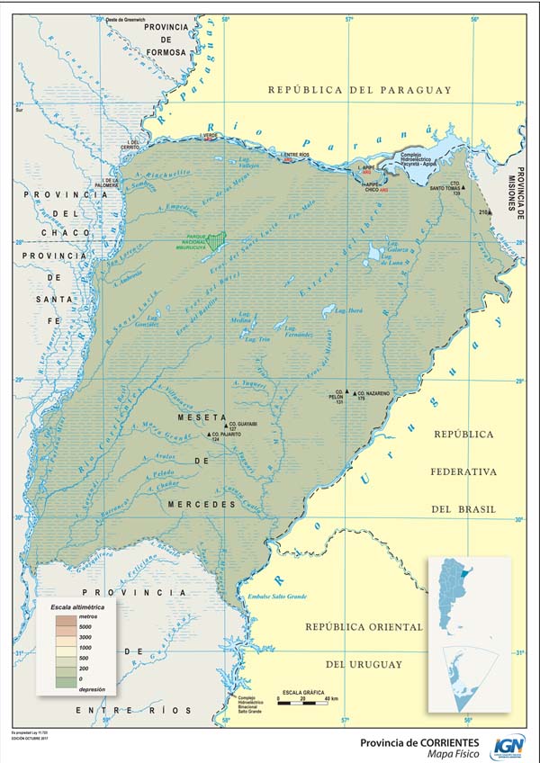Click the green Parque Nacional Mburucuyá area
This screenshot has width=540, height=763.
point(214,239)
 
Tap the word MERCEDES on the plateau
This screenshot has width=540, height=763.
point(200,505)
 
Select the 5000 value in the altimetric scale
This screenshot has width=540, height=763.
point(87,625)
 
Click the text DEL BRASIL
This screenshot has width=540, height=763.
point(463,509)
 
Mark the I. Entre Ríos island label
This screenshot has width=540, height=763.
point(295,154)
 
